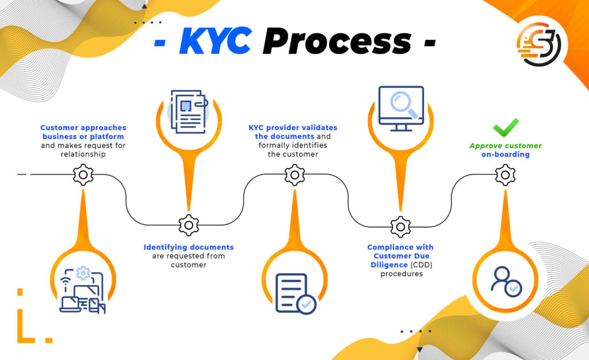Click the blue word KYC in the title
(215, 40)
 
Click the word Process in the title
(337, 40)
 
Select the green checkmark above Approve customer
(506, 128)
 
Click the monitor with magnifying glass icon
(401, 109)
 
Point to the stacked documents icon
(189, 112)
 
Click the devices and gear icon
(83, 289)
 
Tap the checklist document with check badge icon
(296, 293)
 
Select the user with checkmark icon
(506, 282)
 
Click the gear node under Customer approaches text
(83, 175)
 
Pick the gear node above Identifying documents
(189, 225)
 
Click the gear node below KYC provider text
(294, 175)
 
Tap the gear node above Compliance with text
(400, 227)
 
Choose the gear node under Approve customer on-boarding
(505, 175)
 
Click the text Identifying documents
(189, 247)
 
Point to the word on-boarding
(506, 154)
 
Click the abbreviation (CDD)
(421, 265)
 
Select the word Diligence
(389, 265)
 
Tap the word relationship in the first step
(83, 154)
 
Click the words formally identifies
(293, 145)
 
